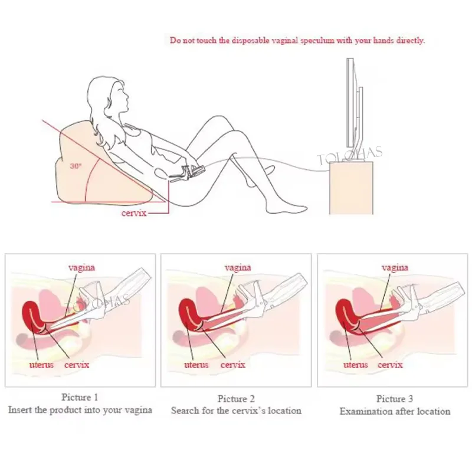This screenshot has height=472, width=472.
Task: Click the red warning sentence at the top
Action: click(x=297, y=41)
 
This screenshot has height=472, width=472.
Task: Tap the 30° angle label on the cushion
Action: click(x=76, y=166)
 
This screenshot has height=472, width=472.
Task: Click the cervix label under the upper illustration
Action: click(x=133, y=213)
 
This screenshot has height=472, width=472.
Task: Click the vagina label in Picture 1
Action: click(x=81, y=267)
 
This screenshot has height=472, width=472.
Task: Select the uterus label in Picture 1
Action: click(x=41, y=365)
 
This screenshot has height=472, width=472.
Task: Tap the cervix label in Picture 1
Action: click(x=77, y=365)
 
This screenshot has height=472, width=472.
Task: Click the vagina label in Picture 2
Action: click(x=238, y=267)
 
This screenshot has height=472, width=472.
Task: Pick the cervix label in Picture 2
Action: click(x=233, y=365)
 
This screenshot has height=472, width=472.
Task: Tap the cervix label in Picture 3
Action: click(x=391, y=365)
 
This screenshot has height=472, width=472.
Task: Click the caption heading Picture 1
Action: click(x=80, y=397)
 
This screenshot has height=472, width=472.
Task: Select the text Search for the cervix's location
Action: click(x=236, y=410)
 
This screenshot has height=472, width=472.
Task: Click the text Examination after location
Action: click(x=395, y=411)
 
